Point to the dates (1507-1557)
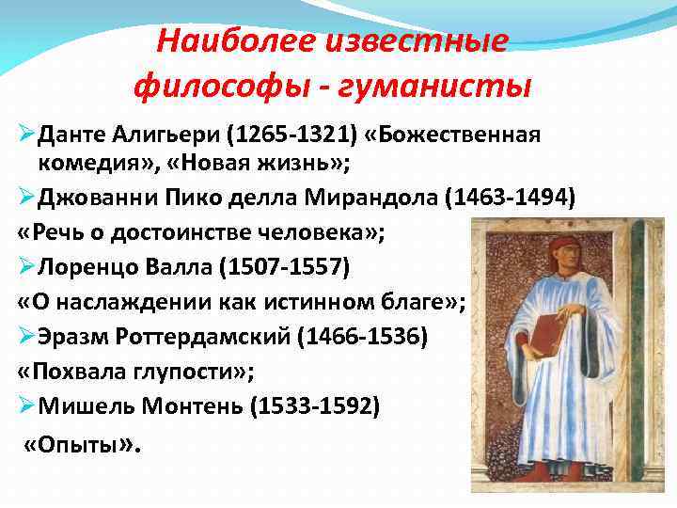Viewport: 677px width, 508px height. tap(284, 268)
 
